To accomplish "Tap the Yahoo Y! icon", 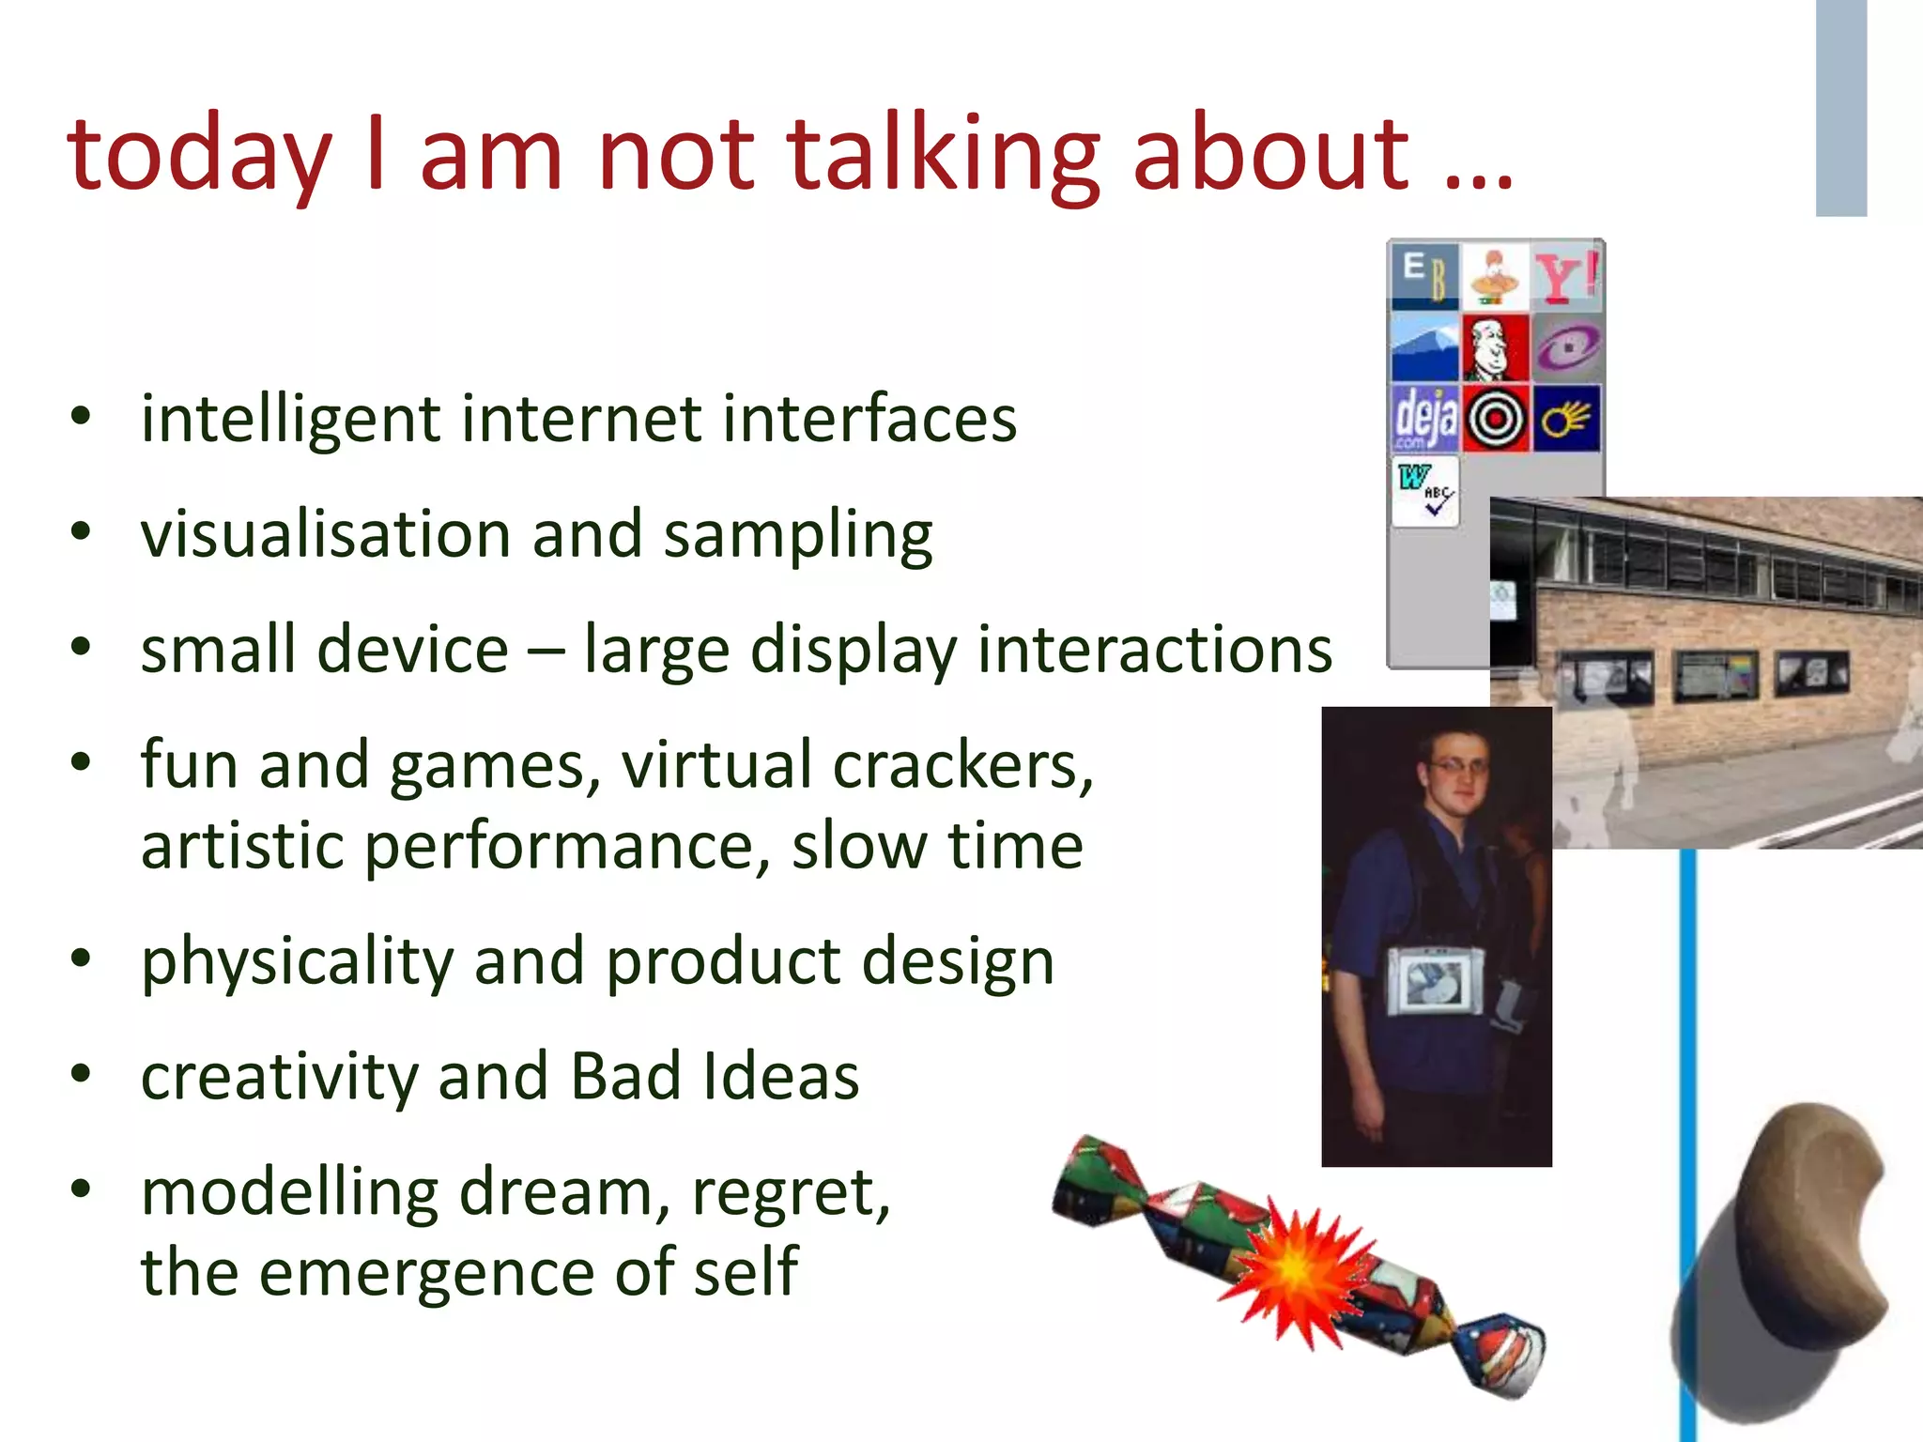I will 1566,276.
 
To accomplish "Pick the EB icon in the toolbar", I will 1424,276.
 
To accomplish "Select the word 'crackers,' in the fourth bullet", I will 962,765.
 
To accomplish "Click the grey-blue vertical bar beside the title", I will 1840,108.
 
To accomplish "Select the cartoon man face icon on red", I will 1496,347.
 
